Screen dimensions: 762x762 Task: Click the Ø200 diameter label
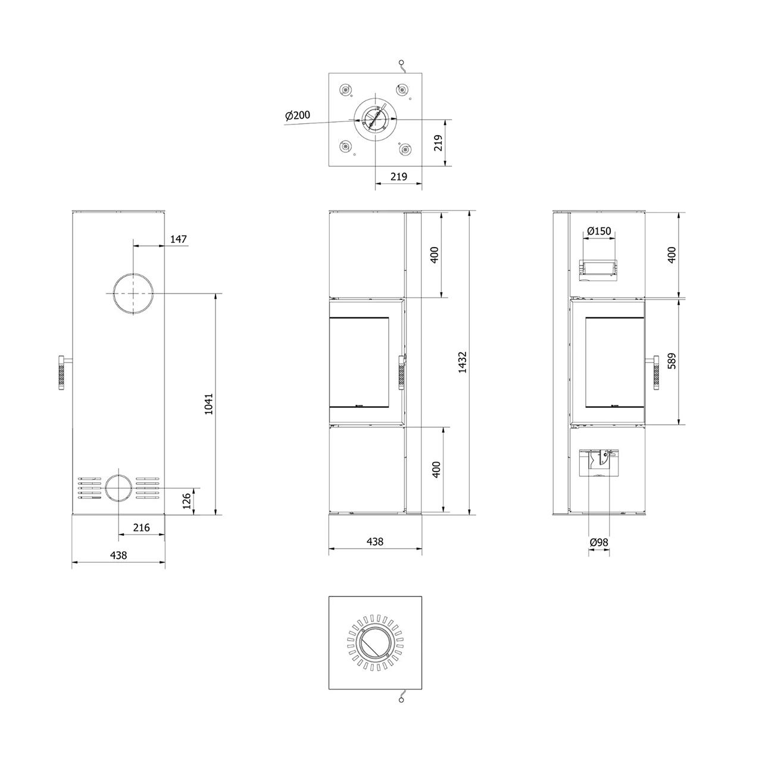pyautogui.click(x=298, y=115)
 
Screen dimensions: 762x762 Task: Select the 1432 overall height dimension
pyautogui.click(x=463, y=362)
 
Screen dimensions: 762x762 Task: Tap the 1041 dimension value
pyautogui.click(x=208, y=404)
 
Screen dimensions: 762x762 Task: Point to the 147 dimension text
pyautogui.click(x=179, y=239)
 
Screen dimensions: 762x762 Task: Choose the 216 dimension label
pyautogui.click(x=141, y=527)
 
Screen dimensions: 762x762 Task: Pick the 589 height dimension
pyautogui.click(x=672, y=361)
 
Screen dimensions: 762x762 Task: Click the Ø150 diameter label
pyautogui.click(x=599, y=230)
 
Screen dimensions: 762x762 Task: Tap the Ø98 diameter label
pyautogui.click(x=599, y=542)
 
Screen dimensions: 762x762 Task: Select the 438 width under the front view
pyautogui.click(x=374, y=541)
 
